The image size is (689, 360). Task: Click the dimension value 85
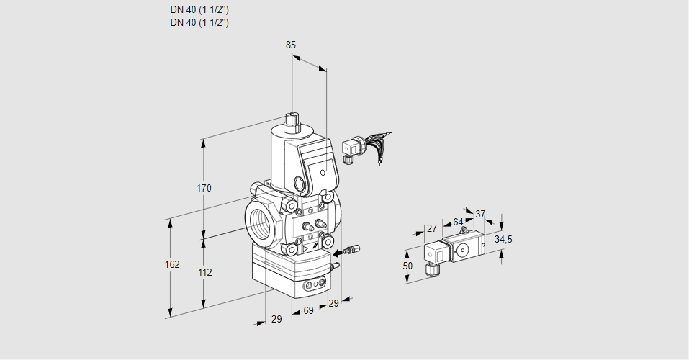pyautogui.click(x=291, y=45)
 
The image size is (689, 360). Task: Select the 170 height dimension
pyautogui.click(x=204, y=188)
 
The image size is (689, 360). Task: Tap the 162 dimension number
pyautogui.click(x=172, y=264)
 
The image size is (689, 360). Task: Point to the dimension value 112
pyautogui.click(x=204, y=273)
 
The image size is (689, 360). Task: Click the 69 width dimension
pyautogui.click(x=308, y=311)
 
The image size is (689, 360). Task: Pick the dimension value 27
pyautogui.click(x=432, y=228)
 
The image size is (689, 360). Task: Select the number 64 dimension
pyautogui.click(x=458, y=222)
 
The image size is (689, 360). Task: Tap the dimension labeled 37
pyautogui.click(x=480, y=214)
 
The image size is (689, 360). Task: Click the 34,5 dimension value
pyautogui.click(x=503, y=240)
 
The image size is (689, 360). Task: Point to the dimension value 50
pyautogui.click(x=407, y=266)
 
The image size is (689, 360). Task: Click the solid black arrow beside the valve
pyautogui.click(x=338, y=253)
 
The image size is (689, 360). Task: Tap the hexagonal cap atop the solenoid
pyautogui.click(x=292, y=119)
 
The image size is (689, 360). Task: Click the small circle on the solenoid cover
pyautogui.click(x=323, y=173)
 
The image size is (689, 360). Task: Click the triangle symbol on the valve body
pyautogui.click(x=305, y=249)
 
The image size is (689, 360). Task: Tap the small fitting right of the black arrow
pyautogui.click(x=353, y=250)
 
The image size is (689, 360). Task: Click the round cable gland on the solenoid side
pyautogui.click(x=300, y=184)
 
